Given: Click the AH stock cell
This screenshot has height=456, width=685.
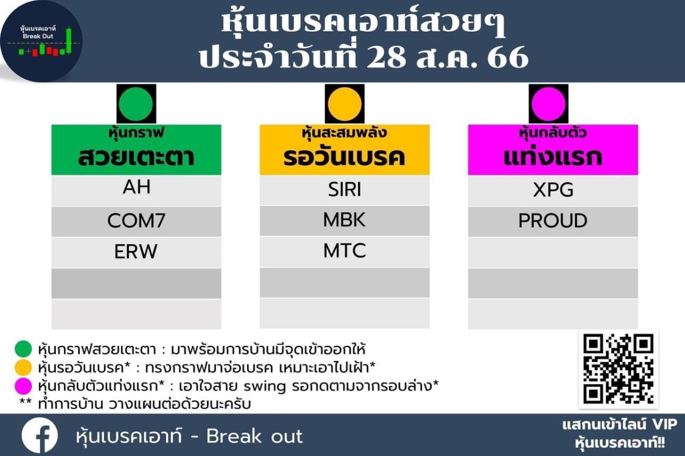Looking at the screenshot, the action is [x=136, y=190].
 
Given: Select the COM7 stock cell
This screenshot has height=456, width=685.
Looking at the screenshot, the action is [x=136, y=221].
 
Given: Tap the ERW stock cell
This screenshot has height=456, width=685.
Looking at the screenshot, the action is [x=136, y=252].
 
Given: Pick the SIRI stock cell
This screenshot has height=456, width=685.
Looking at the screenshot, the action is [x=345, y=189].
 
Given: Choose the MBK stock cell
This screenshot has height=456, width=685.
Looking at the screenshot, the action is [x=345, y=220].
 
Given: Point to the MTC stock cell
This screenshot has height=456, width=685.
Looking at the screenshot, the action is [x=345, y=251].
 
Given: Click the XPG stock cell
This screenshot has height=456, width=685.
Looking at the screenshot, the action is [x=553, y=190].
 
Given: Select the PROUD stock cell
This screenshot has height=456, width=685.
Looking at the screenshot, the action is [x=553, y=221].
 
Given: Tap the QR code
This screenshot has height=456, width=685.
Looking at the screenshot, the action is [x=618, y=369].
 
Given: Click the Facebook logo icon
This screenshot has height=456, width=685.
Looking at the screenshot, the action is [x=40, y=435].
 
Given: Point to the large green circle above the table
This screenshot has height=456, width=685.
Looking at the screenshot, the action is [x=136, y=104].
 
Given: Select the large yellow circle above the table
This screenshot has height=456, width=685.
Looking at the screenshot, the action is [x=345, y=104].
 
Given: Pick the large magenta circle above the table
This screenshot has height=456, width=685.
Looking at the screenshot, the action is [x=549, y=104].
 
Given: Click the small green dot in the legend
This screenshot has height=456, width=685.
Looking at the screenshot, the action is [x=23, y=349].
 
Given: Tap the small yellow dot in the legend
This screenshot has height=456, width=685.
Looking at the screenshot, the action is [x=23, y=368].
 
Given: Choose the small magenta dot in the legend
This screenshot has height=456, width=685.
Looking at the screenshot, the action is [x=23, y=386].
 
